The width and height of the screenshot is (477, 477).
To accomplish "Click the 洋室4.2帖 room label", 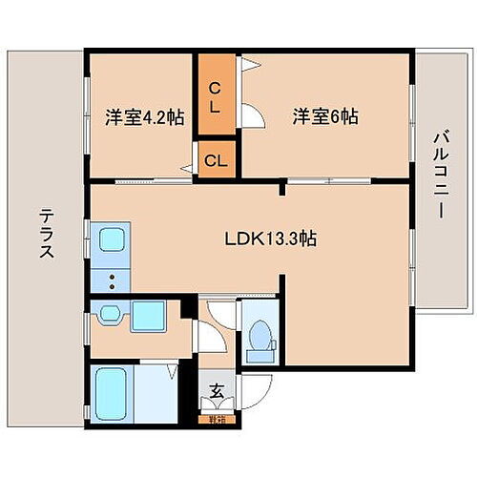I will pos(144,119).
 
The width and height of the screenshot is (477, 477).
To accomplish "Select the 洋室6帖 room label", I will pos(325,117).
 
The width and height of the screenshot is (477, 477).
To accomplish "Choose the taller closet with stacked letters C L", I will pos(216,96).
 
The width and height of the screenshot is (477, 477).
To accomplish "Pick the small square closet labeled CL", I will pos(216,160).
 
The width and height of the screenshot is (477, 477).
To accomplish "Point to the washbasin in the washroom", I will pos(108,315).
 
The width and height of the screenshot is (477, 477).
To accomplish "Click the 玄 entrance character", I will pos(216,390).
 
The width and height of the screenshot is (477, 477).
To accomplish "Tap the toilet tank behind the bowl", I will pos(257,356).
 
